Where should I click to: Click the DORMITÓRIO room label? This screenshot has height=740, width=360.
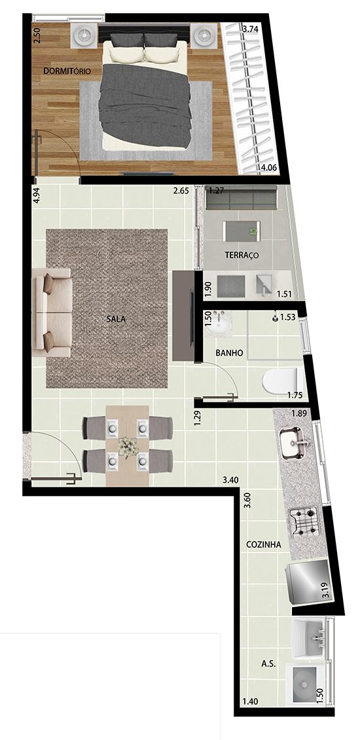pyautogui.click(x=67, y=71)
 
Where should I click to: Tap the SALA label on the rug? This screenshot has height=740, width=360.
pyautogui.click(x=116, y=319)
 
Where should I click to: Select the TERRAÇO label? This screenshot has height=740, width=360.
pyautogui.click(x=242, y=255)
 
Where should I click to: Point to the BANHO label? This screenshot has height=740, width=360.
pyautogui.click(x=229, y=353)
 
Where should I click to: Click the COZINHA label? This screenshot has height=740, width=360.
pyautogui.click(x=263, y=544)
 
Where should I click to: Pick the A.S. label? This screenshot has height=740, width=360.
pyautogui.click(x=268, y=664)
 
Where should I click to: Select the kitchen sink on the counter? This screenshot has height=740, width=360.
pyautogui.click(x=294, y=443)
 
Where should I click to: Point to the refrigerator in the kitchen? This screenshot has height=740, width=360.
pyautogui.click(x=307, y=582)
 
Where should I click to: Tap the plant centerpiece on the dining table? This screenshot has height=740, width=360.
pyautogui.click(x=128, y=446)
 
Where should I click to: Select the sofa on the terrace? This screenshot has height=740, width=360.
pyautogui.click(x=241, y=198)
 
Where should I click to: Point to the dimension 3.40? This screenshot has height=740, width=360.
pyautogui.click(x=230, y=480)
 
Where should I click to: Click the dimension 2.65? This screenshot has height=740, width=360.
pyautogui.click(x=181, y=191)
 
